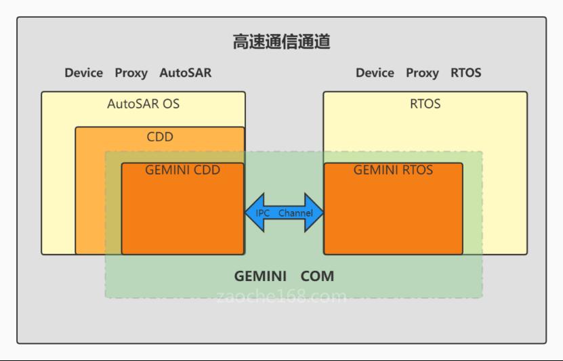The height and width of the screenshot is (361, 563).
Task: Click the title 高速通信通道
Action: tap(281, 43)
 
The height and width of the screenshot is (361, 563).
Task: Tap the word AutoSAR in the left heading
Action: tap(186, 73)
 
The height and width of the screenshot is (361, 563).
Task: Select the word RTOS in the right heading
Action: tap(465, 73)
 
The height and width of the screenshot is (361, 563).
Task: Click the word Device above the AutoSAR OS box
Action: tap(84, 73)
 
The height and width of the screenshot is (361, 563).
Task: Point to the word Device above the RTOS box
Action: tap(375, 73)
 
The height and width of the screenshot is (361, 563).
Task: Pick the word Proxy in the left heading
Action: tap(131, 73)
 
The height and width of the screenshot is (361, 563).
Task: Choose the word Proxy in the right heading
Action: tap(422, 73)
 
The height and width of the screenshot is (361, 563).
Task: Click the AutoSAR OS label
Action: tap(143, 104)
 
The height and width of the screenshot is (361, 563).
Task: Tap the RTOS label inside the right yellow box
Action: tap(425, 104)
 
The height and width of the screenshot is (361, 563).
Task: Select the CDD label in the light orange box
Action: tap(160, 137)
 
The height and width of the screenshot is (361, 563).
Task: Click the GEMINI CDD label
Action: tap(183, 170)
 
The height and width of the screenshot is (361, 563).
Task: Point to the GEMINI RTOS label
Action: tap(393, 170)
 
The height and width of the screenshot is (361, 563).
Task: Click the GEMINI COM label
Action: tap(284, 276)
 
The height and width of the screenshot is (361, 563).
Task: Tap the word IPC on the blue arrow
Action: tap(262, 213)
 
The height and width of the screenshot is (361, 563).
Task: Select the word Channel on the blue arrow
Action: tap(295, 213)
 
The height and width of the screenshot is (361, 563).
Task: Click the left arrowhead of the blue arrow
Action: tap(252, 213)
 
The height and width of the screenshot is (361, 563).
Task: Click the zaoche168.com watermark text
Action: tap(283, 296)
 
